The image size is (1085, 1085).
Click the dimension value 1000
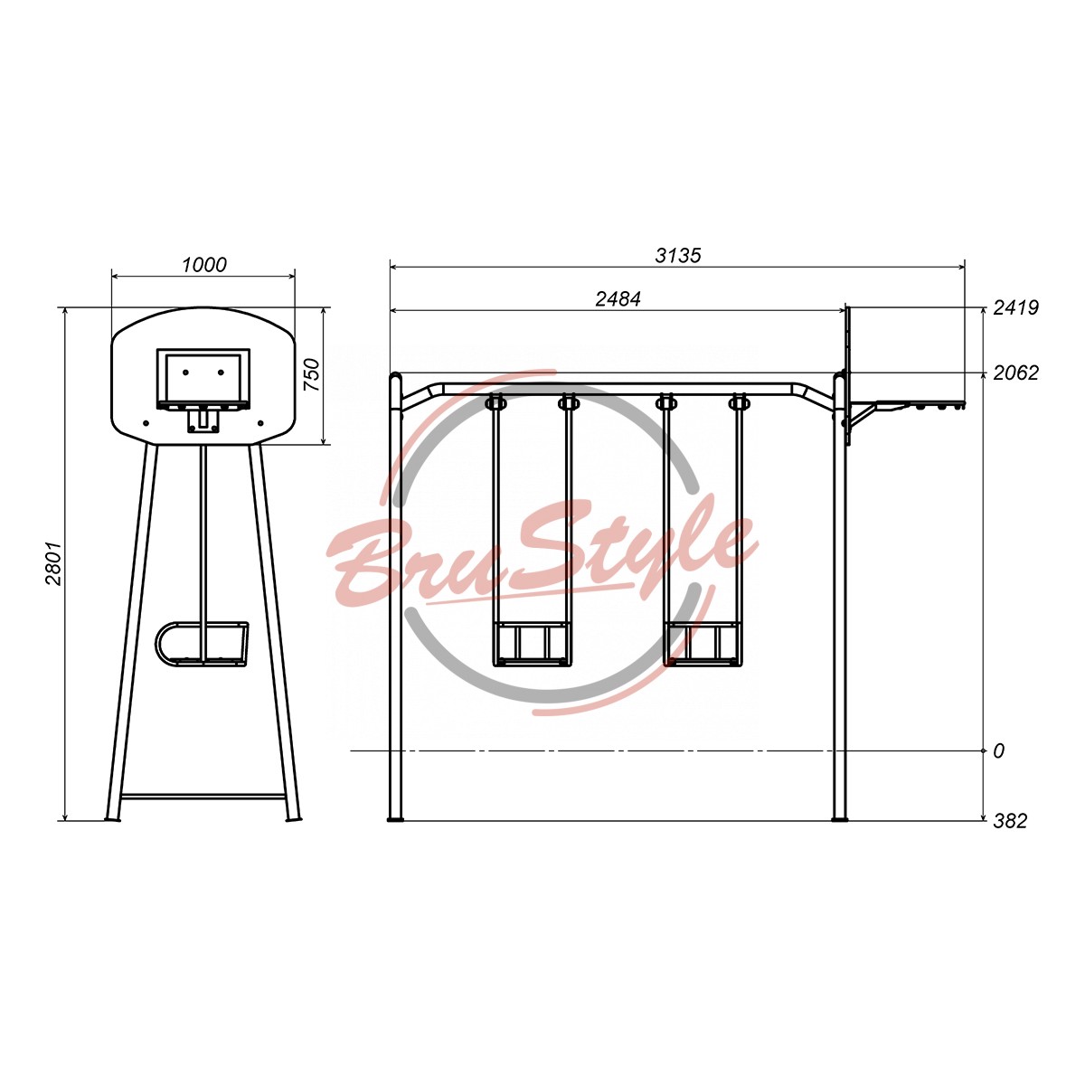click(203, 265)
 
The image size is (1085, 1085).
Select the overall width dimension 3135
click(678, 256)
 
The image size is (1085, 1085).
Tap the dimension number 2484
click(618, 299)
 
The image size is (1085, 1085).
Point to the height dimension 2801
click(53, 563)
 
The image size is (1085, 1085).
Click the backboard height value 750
click(311, 375)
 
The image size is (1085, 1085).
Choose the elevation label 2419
click(1015, 308)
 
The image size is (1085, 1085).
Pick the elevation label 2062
click(1015, 373)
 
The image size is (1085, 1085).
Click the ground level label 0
click(998, 751)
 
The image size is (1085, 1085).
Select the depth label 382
click(1010, 821)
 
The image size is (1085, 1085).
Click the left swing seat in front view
click(532, 644)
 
